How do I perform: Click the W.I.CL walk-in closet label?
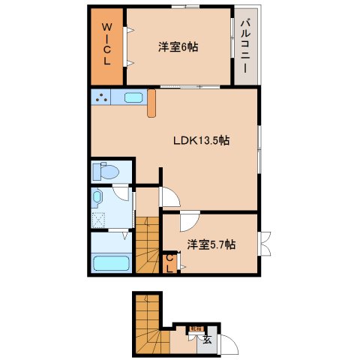106,46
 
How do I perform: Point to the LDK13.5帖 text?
201,139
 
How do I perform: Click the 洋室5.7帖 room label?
211,244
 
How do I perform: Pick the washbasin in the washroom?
98,197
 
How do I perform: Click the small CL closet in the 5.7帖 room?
170,262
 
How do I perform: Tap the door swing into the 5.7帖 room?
187,223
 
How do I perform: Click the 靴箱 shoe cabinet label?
195,328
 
